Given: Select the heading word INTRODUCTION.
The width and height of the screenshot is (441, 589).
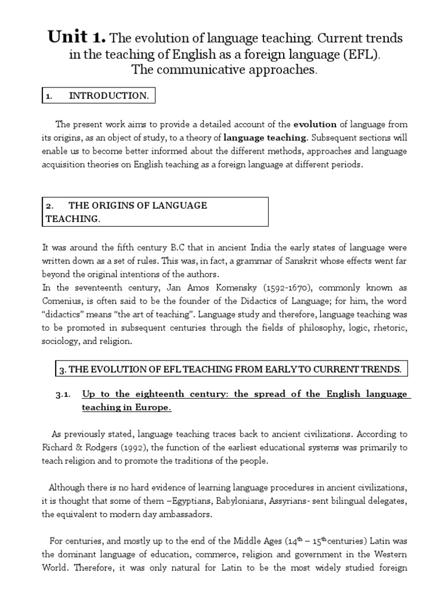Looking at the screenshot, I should click(109, 96).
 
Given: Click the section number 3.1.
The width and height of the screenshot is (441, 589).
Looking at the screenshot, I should click(62, 394).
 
